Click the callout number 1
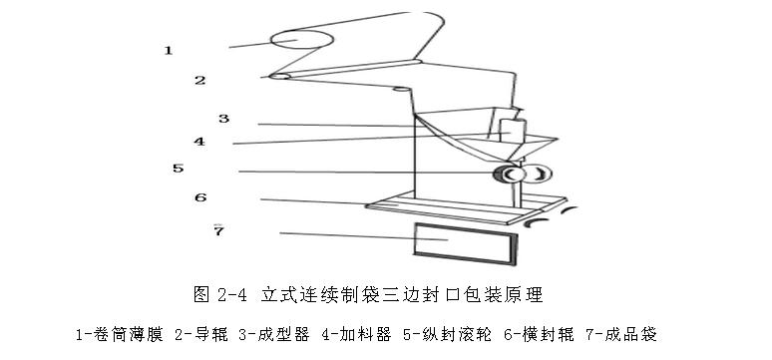(169, 49)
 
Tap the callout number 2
(199, 80)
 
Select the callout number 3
(224, 119)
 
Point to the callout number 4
(199, 142)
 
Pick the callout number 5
(178, 169)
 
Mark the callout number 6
(199, 197)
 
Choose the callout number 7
(218, 231)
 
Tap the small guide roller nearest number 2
(281, 76)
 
